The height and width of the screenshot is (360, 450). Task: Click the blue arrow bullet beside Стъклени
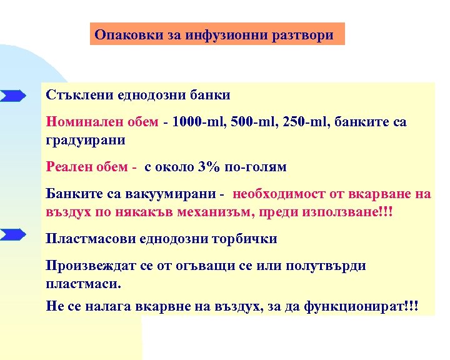[12, 96]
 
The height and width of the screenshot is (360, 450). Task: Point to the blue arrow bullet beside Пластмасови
[12, 236]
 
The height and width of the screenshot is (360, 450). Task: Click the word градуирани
[86, 140]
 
